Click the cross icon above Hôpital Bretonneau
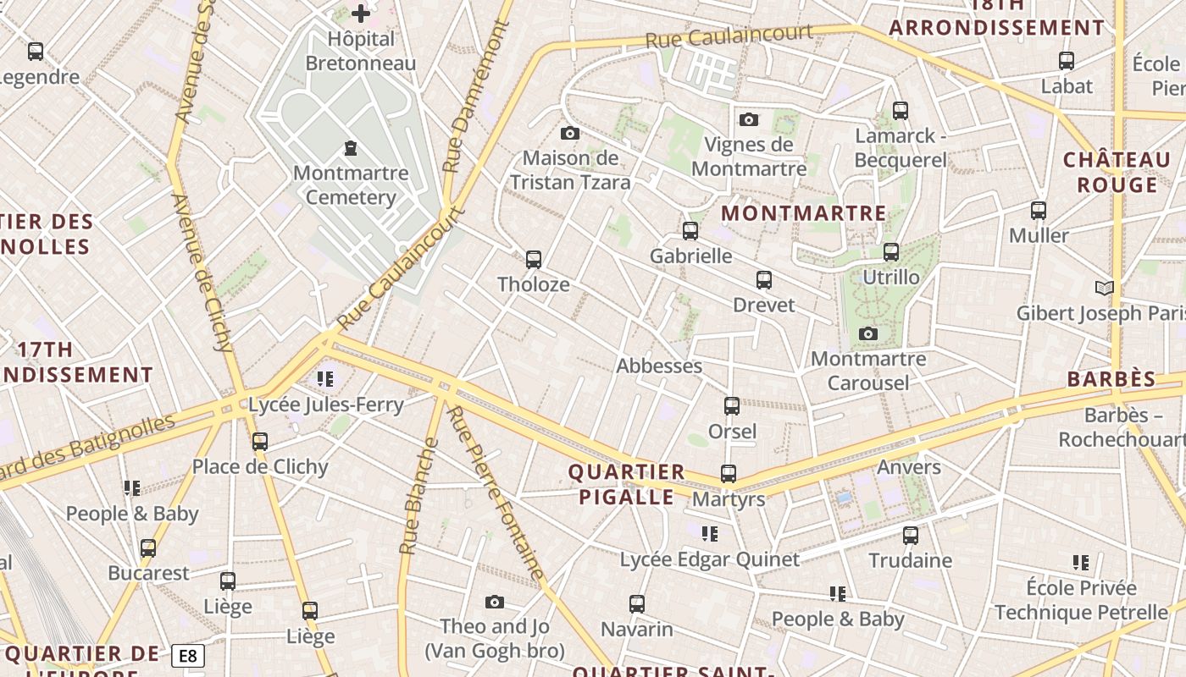[361, 14]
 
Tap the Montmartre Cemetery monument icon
[350, 149]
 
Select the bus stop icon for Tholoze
[534, 260]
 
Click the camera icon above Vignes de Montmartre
[748, 119]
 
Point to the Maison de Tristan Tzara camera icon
[570, 133]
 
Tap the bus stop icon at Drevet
[764, 280]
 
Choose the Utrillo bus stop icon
[890, 252]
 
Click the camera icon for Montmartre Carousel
[867, 334]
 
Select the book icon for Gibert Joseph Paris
[1105, 289]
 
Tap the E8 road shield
[187, 656]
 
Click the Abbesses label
[659, 366]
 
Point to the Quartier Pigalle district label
[626, 484]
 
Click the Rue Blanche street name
[418, 496]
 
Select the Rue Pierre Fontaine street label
[496, 493]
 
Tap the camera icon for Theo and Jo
[495, 603]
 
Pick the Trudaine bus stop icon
[910, 536]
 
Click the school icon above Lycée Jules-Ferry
[324, 378]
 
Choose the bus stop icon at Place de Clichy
[260, 442]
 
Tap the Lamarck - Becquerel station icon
[900, 111]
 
